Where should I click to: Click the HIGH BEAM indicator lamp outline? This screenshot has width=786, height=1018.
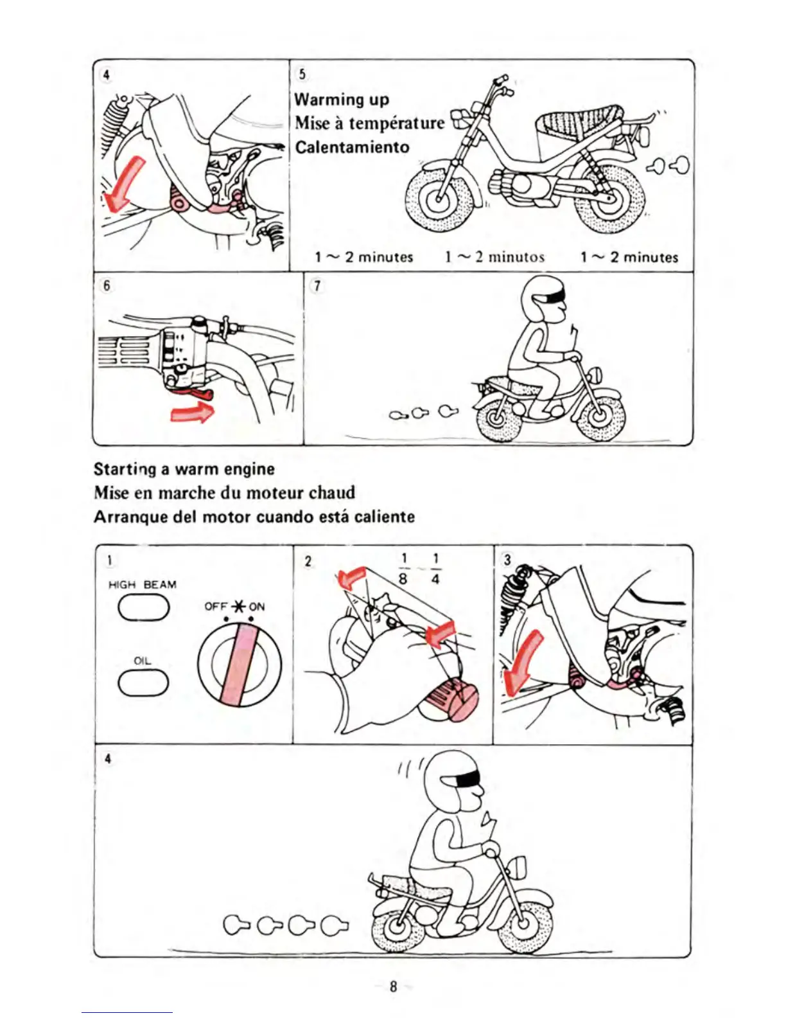click(143, 607)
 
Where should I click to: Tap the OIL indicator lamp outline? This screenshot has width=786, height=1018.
click(143, 683)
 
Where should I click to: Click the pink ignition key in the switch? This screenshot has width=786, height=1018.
click(239, 665)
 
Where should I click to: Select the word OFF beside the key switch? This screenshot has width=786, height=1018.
click(216, 606)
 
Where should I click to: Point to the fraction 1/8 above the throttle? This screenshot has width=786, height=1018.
click(403, 569)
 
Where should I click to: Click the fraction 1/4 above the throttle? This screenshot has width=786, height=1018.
click(435, 569)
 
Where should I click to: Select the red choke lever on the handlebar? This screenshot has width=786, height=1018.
click(193, 391)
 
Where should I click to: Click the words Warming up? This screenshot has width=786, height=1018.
click(342, 100)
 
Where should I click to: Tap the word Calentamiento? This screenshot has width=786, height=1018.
click(352, 147)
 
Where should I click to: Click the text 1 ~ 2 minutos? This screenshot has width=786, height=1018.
click(494, 257)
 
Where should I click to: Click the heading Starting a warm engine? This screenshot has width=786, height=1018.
click(184, 469)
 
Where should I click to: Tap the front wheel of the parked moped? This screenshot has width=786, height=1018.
click(437, 197)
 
